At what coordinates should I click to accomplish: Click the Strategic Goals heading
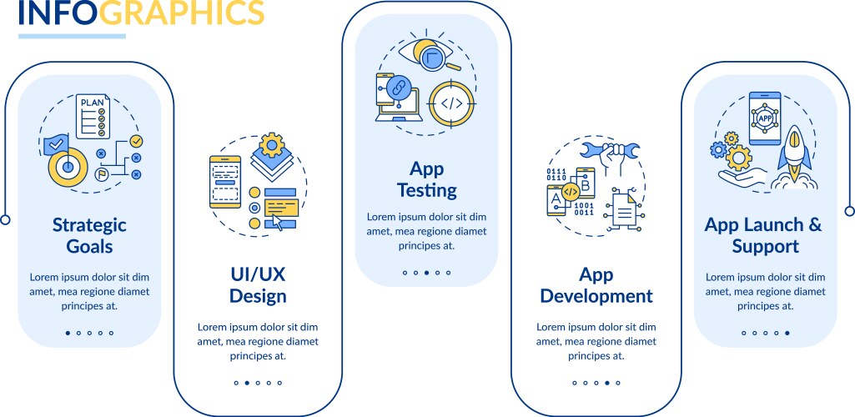89,235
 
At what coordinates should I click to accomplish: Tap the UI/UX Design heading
258,285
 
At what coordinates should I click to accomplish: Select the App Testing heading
426,179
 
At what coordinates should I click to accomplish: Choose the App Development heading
596,285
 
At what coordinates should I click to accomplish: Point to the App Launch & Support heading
763,235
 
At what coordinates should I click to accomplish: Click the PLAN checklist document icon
93,118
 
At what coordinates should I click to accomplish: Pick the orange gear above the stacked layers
272,145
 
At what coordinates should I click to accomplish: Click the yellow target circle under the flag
69,167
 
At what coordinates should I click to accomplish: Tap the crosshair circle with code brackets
451,103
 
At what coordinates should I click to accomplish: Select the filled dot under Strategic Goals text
68,333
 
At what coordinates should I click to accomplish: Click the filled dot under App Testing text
426,273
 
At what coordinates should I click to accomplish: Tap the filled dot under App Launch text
787,333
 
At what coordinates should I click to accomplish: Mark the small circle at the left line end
5,220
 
